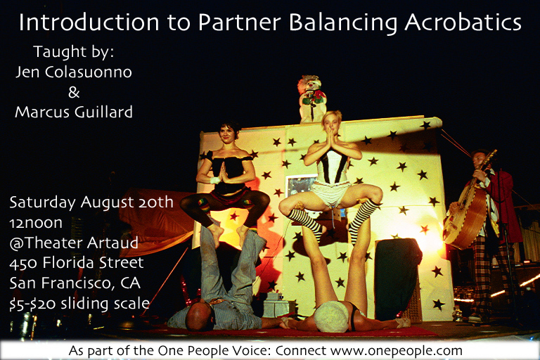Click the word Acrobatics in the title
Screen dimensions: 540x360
[463, 22]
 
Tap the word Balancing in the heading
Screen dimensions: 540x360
[343, 23]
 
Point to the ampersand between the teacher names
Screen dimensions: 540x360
[74, 92]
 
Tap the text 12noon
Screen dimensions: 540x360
[36, 223]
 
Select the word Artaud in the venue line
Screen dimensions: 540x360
[112, 243]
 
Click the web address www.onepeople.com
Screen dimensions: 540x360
[396, 351]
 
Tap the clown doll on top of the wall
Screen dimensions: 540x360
[311, 99]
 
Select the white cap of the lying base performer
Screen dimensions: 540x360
[331, 316]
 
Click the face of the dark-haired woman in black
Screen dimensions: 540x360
[228, 134]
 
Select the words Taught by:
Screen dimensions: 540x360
[73, 52]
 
